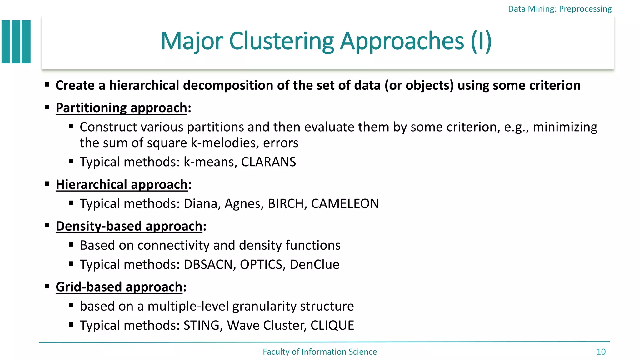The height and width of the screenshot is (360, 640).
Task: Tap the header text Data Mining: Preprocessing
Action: [x=560, y=9]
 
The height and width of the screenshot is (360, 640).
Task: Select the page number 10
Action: [x=601, y=352]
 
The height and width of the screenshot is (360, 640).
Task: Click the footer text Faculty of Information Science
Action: [x=320, y=352]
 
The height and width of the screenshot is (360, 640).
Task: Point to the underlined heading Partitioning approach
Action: [x=121, y=108]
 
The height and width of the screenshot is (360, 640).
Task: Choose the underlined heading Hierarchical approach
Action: [x=122, y=185]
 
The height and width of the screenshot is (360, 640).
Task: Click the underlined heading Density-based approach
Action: [x=129, y=226]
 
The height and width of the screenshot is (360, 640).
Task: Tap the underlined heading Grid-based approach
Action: [x=119, y=287]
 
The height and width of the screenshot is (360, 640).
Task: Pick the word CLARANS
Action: [x=268, y=162]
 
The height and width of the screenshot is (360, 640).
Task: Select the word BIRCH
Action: [x=286, y=204]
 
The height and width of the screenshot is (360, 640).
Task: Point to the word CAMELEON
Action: [x=345, y=204]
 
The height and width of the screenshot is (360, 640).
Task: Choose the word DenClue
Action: [x=314, y=265]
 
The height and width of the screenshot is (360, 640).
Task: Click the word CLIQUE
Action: [x=332, y=325]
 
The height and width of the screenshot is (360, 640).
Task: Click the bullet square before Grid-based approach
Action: [x=47, y=286]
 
